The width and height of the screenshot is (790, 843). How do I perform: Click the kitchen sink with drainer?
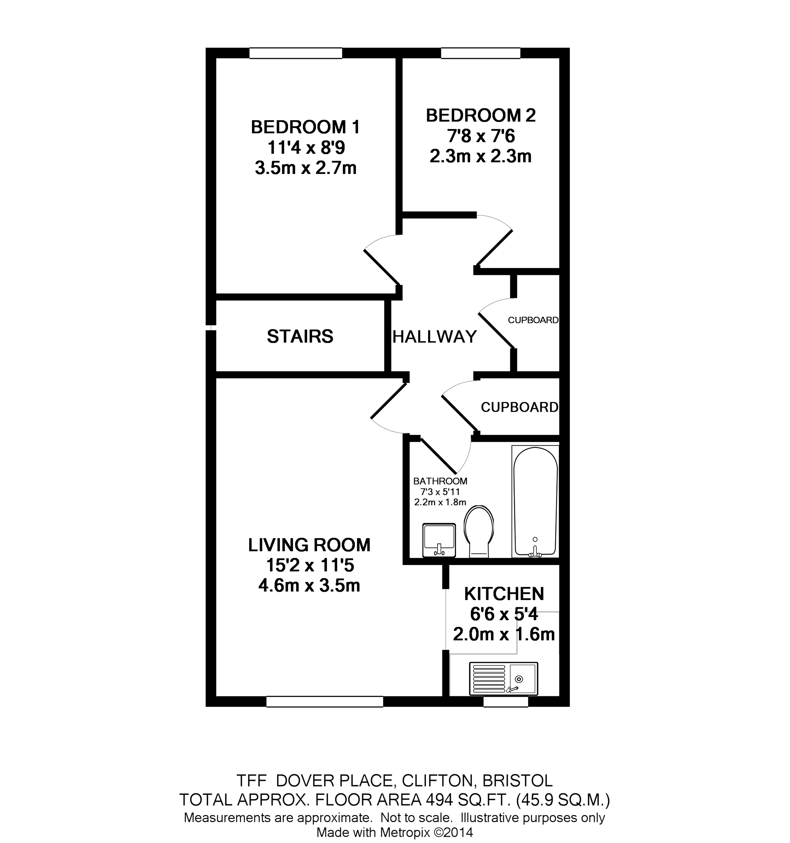point(503,679)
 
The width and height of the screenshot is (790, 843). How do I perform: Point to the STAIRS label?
point(300,336)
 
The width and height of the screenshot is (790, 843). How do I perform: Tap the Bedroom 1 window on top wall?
point(296,53)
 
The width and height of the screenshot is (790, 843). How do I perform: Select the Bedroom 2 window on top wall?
point(480,53)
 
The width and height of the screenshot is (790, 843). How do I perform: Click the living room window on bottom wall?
point(324,702)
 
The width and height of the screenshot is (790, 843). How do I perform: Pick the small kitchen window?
point(506,702)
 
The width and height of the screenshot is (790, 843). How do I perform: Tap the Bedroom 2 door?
point(494,247)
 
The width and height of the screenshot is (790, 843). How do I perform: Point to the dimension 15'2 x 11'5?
point(310,565)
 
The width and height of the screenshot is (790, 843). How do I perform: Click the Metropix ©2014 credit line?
point(394,832)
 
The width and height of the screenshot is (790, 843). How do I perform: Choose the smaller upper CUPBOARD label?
point(533,320)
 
